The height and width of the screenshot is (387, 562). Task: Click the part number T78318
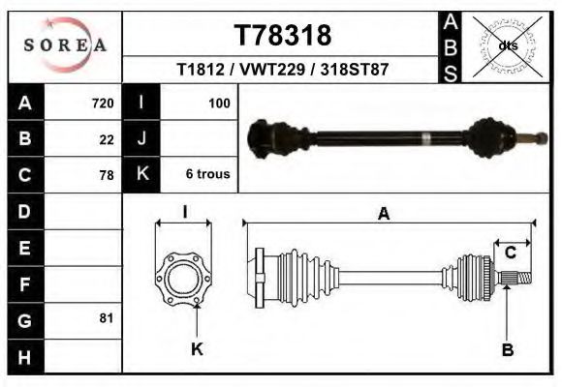click(283, 36)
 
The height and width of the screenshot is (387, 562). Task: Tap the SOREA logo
click(66, 45)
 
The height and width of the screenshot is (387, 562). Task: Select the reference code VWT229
click(283, 71)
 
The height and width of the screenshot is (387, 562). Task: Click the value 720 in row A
click(103, 104)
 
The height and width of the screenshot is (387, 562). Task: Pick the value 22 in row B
click(107, 139)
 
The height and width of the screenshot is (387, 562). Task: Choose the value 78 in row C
click(107, 175)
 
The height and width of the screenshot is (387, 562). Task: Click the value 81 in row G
click(107, 318)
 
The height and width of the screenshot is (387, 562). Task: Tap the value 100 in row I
click(219, 104)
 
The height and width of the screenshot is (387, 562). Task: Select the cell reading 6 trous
click(207, 174)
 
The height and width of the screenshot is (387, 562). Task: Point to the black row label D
click(24, 211)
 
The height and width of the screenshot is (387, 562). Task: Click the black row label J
click(141, 139)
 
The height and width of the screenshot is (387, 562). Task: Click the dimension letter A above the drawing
click(384, 215)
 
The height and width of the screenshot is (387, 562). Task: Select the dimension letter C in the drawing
click(510, 253)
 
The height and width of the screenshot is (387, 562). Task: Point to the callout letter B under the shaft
click(507, 349)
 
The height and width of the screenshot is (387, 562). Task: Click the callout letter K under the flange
click(197, 349)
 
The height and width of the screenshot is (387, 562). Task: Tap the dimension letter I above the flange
click(184, 213)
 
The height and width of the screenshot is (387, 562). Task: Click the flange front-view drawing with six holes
click(183, 278)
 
